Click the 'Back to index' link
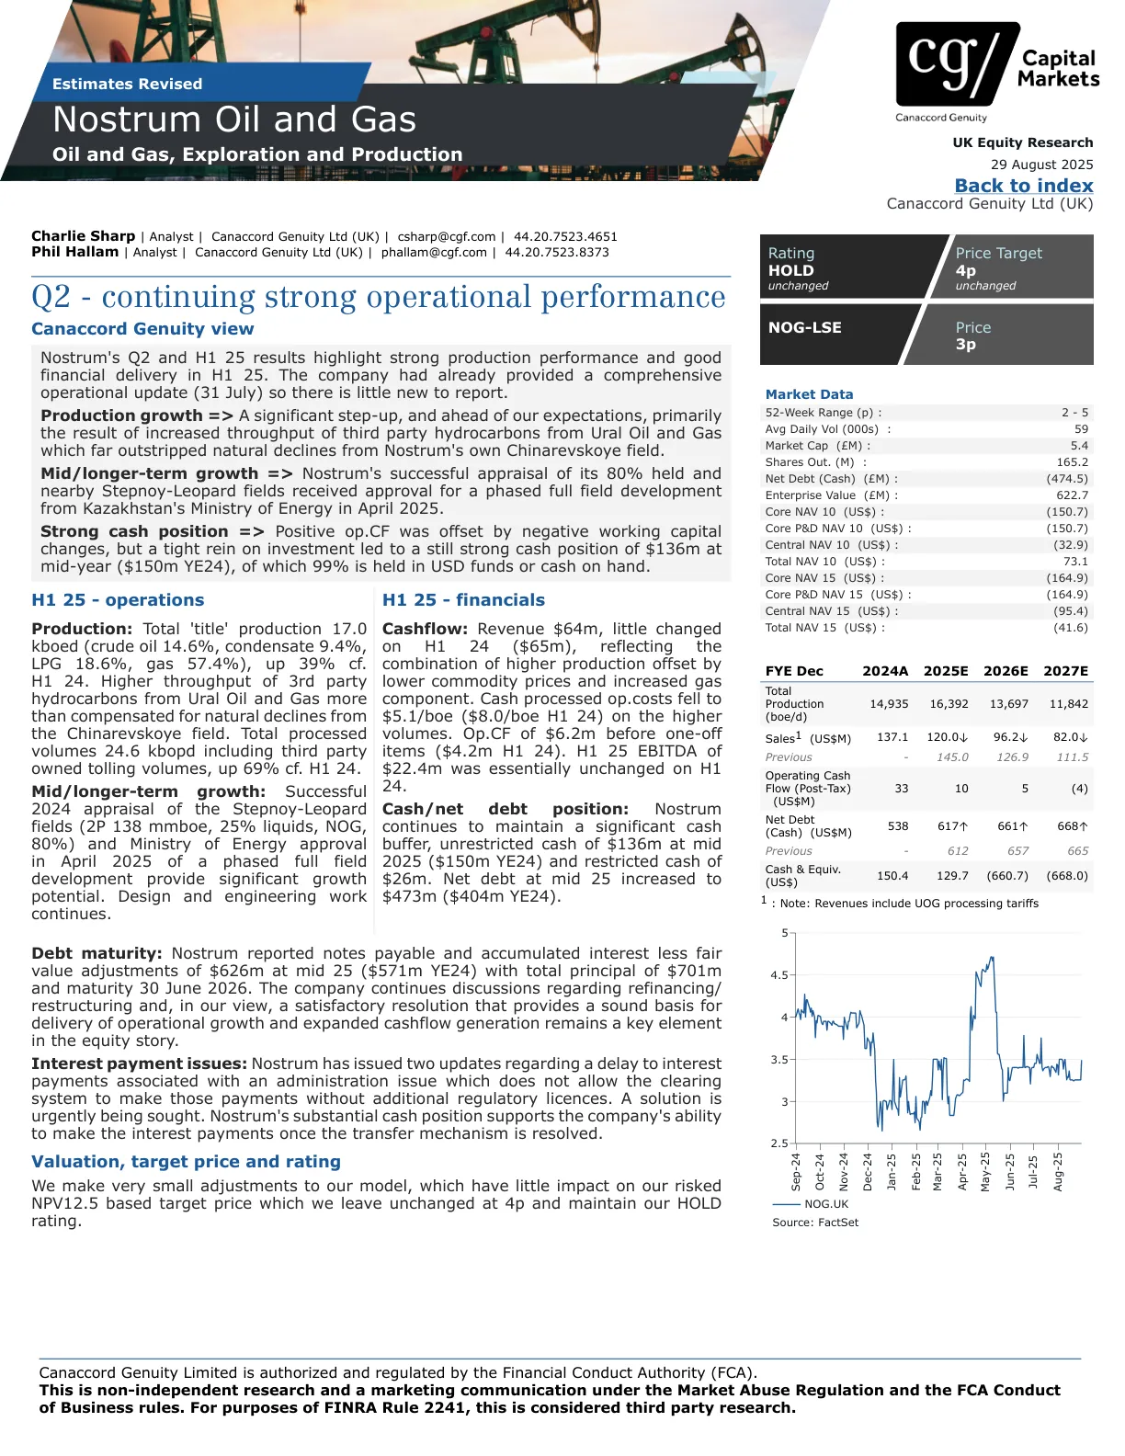click(x=1023, y=186)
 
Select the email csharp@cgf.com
click(x=446, y=236)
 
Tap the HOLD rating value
click(x=791, y=270)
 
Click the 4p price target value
click(x=965, y=270)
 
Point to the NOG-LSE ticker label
click(x=804, y=327)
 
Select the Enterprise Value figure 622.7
click(x=1072, y=495)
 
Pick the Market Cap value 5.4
click(x=1079, y=446)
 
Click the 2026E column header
click(x=1006, y=671)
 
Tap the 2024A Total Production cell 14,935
click(x=888, y=704)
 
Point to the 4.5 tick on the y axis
click(x=779, y=975)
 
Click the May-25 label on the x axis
click(x=985, y=1171)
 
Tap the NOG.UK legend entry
click(x=825, y=1204)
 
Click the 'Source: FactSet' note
click(x=815, y=1223)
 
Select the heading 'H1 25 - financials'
click(x=463, y=600)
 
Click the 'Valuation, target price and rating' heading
click(x=186, y=1162)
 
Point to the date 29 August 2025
click(x=1041, y=165)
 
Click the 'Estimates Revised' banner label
click(x=127, y=84)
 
